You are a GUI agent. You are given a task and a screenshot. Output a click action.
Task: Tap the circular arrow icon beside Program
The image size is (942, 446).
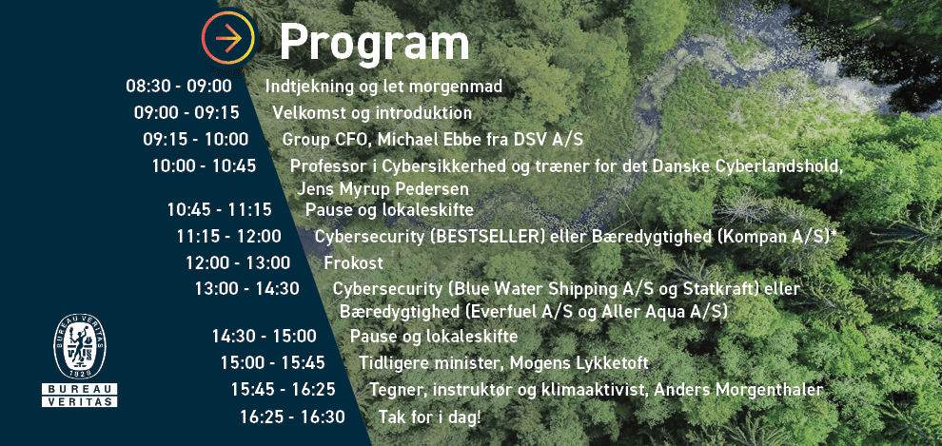coord(228,38)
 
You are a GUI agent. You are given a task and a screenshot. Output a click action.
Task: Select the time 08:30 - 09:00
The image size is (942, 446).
coord(179,87)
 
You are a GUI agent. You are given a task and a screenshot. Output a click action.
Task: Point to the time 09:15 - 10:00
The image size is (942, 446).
coord(196,139)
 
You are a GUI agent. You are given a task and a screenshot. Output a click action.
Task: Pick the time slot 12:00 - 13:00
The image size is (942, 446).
coord(238,262)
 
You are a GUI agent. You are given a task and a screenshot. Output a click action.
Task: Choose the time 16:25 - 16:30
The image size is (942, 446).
coord(292,417)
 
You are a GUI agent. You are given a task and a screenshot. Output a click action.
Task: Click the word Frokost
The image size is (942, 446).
coord(353,262)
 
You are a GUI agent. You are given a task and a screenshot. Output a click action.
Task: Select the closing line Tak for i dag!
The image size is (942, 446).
coord(429,417)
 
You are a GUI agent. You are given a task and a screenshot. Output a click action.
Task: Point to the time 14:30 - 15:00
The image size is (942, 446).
coord(264,336)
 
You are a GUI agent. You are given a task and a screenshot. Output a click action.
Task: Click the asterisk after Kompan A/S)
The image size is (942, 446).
coord(834,233)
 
